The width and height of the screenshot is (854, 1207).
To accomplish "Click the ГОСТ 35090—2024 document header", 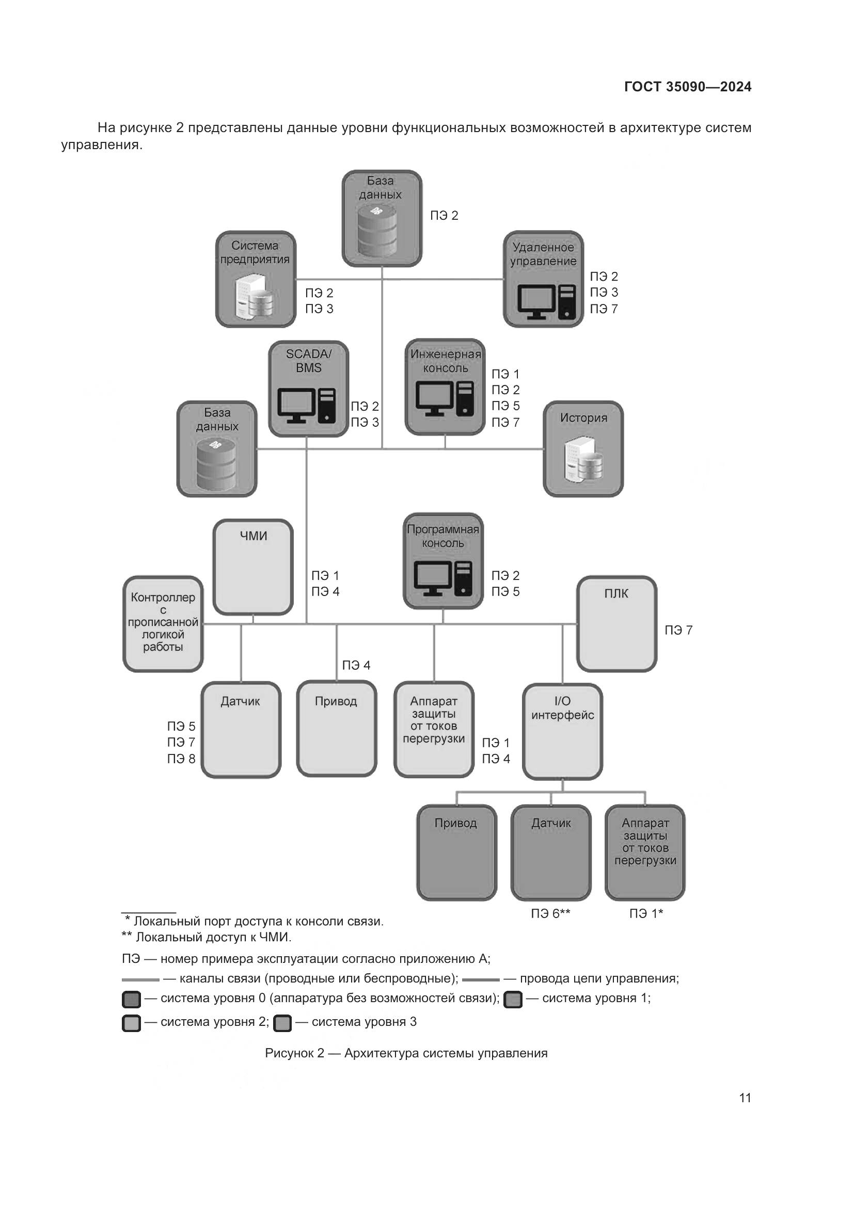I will [x=687, y=87].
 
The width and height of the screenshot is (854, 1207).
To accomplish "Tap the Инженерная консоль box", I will [x=445, y=387].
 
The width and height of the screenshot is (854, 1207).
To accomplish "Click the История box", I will [x=582, y=448].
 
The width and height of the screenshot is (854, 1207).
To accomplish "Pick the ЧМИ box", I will [x=253, y=567].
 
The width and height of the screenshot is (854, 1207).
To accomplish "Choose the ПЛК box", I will [x=616, y=623].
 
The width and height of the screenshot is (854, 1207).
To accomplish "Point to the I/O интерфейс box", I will [x=562, y=731].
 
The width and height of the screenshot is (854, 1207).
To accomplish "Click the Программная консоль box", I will [x=443, y=561].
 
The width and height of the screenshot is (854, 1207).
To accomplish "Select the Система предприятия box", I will [x=256, y=279].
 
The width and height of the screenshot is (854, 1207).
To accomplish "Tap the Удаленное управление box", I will [x=543, y=279].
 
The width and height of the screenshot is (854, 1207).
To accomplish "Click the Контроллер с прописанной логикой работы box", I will [x=163, y=623].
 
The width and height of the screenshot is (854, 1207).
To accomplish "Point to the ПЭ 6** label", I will [x=550, y=914].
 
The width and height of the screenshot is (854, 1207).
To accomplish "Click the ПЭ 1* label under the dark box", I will [x=646, y=914].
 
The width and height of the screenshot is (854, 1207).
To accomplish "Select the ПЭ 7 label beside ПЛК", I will [x=678, y=630].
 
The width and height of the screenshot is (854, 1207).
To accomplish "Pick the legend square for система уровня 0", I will [x=131, y=999].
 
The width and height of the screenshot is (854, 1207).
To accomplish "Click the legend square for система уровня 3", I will [x=282, y=1023].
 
